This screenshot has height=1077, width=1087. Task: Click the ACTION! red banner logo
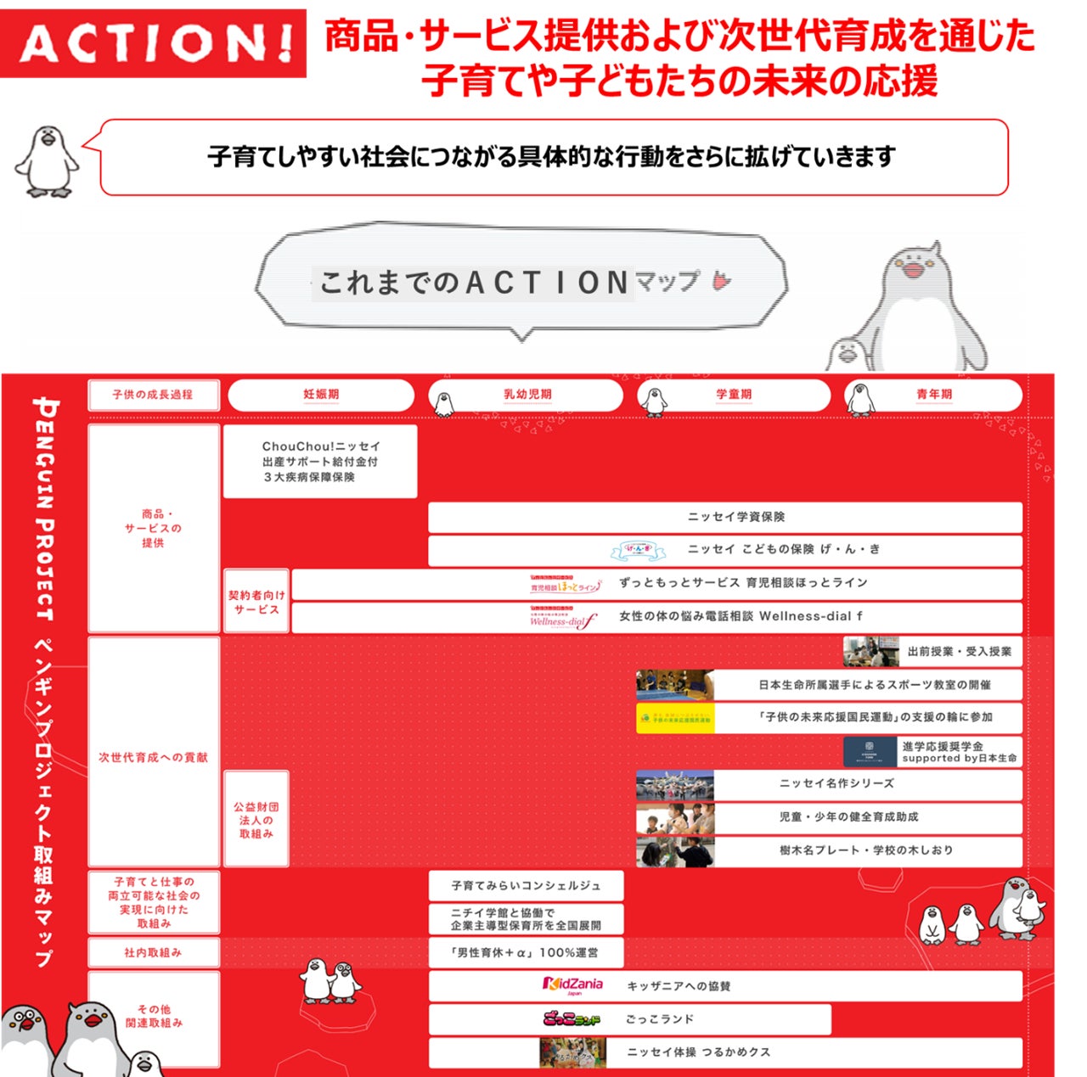click(154, 42)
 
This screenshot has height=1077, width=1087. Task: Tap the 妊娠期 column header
click(321, 395)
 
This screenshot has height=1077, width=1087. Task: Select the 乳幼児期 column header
click(527, 395)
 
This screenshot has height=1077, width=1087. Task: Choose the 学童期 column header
click(734, 395)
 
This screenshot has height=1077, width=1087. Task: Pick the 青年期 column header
click(934, 395)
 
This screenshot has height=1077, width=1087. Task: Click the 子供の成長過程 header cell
click(153, 395)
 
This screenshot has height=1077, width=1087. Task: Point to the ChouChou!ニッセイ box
click(320, 462)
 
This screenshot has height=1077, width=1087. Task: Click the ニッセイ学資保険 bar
click(735, 517)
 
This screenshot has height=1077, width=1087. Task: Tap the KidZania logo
click(573, 985)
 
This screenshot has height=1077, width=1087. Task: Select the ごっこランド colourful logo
click(572, 1018)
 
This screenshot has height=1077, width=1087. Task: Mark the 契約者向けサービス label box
click(256, 602)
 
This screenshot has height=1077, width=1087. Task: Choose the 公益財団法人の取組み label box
click(256, 820)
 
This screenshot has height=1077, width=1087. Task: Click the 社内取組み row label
click(154, 952)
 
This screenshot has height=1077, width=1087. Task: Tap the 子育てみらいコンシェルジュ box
click(526, 885)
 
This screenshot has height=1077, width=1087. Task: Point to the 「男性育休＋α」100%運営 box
click(526, 952)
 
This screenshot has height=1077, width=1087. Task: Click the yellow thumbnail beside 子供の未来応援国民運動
click(675, 718)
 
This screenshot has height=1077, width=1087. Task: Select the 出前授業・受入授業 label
click(960, 652)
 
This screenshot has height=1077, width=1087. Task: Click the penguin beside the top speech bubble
click(48, 161)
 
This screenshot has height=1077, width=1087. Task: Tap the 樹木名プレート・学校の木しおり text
click(866, 850)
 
